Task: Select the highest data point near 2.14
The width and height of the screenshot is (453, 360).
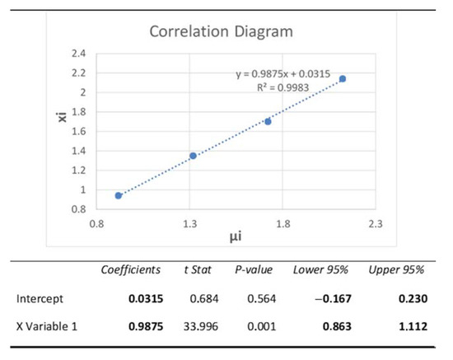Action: [343, 79]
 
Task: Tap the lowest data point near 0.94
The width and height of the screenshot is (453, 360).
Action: [119, 195]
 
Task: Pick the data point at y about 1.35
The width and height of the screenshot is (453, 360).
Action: [193, 156]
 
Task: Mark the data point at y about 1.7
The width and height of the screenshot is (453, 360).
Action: [268, 121]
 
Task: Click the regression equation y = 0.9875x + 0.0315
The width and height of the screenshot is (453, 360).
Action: [282, 74]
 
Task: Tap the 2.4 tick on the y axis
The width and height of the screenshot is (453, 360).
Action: [79, 54]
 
